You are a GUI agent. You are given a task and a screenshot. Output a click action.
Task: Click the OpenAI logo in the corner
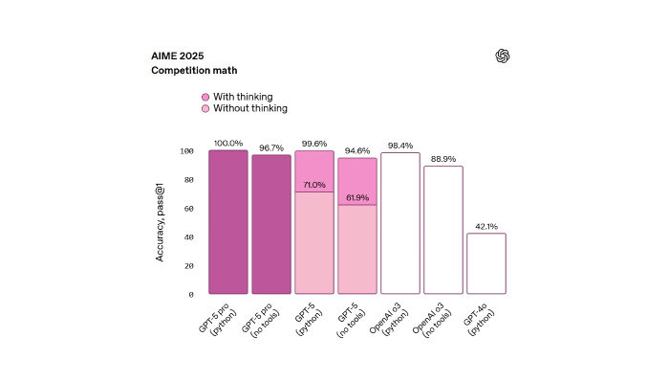tap(503, 56)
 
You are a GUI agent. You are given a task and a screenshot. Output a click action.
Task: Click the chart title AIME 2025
tap(179, 55)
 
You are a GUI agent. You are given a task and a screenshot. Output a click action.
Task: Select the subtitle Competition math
tap(193, 71)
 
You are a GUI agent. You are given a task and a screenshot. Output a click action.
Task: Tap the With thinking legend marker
tap(205, 97)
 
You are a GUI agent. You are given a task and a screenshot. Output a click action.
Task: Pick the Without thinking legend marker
tap(205, 109)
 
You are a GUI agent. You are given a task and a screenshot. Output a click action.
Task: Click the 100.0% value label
tap(228, 144)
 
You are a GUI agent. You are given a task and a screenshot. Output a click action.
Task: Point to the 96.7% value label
tap(271, 148)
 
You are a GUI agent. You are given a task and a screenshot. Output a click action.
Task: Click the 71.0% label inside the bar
tap(314, 185)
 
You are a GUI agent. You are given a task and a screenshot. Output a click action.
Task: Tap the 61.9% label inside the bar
tap(357, 197)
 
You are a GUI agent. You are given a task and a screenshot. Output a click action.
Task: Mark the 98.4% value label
tap(400, 146)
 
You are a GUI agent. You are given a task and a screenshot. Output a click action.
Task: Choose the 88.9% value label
tap(443, 159)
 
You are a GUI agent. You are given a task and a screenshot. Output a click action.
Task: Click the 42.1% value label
tap(486, 226)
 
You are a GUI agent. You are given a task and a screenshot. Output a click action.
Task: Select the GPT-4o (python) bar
tap(486, 263)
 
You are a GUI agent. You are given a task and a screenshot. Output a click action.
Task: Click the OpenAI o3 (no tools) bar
tap(443, 230)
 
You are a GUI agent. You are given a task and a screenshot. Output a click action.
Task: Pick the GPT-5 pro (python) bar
tap(228, 222)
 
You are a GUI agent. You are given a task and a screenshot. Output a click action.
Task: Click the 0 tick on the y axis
tap(190, 294)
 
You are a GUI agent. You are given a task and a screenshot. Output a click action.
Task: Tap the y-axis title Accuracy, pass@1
tap(162, 222)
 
